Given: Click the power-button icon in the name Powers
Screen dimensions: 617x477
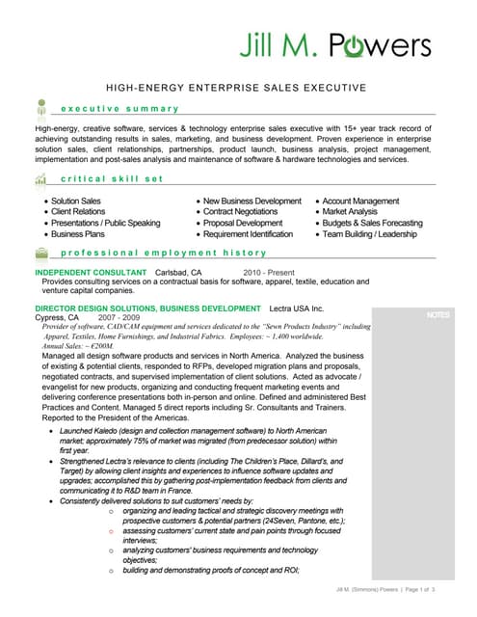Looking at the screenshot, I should (x=345, y=45).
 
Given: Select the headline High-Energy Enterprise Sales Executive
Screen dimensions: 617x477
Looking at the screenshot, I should (x=236, y=88).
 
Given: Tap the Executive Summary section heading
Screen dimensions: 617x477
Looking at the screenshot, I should (x=119, y=108).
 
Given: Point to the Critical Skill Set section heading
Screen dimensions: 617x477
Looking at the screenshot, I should (x=112, y=180).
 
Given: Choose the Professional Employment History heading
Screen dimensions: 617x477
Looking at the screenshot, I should (x=163, y=253).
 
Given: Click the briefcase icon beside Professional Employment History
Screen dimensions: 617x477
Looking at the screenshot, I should (x=41, y=253).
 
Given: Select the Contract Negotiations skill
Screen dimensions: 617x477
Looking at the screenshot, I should (x=240, y=211).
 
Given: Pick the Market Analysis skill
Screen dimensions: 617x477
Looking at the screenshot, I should (x=350, y=211).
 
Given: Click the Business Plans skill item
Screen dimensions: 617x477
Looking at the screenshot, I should (x=77, y=233).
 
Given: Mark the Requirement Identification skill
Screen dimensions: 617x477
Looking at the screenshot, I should (x=248, y=233).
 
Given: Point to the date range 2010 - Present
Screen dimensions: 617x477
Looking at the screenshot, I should (x=271, y=273).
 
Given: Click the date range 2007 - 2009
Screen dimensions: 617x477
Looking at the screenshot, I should (x=119, y=317).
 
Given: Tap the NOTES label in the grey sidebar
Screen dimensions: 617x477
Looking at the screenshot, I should (x=437, y=315).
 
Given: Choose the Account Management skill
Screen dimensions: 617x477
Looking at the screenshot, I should (x=360, y=201).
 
